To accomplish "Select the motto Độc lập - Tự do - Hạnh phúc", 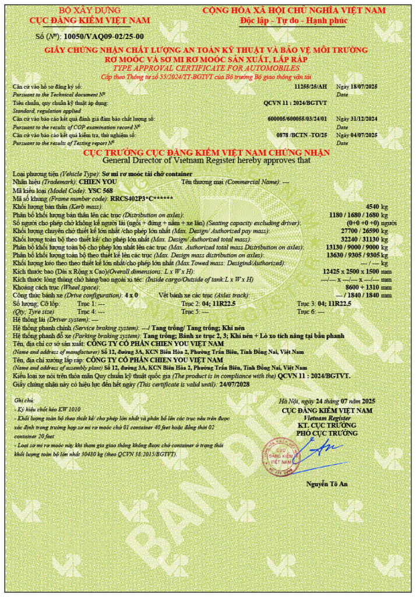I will click(x=294, y=20).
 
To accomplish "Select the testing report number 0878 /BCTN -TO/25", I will click(x=298, y=135).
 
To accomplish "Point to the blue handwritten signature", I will click(x=322, y=449).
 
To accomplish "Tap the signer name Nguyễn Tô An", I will click(x=326, y=484).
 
